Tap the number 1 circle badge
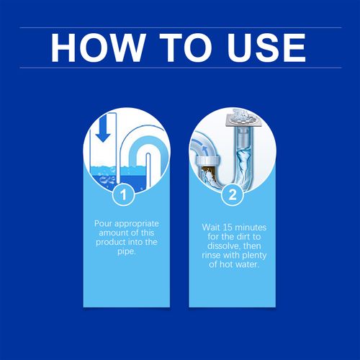point(123,194)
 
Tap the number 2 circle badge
point(232,194)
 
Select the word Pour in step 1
point(104,224)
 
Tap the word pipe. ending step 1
point(123,254)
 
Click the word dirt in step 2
point(243,236)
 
